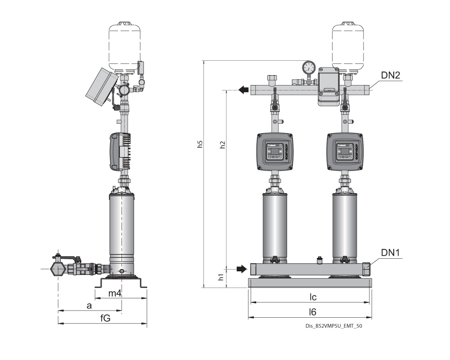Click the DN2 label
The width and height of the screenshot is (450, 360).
coord(391,76)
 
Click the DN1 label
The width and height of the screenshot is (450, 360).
coord(391,254)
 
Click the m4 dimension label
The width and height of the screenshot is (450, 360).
coord(116,293)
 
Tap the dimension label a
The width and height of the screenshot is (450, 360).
coord(89,306)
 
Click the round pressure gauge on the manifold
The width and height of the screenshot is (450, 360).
coord(309,67)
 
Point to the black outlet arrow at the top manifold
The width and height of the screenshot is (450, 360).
coord(243,90)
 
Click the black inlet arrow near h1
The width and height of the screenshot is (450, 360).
coord(242,269)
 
